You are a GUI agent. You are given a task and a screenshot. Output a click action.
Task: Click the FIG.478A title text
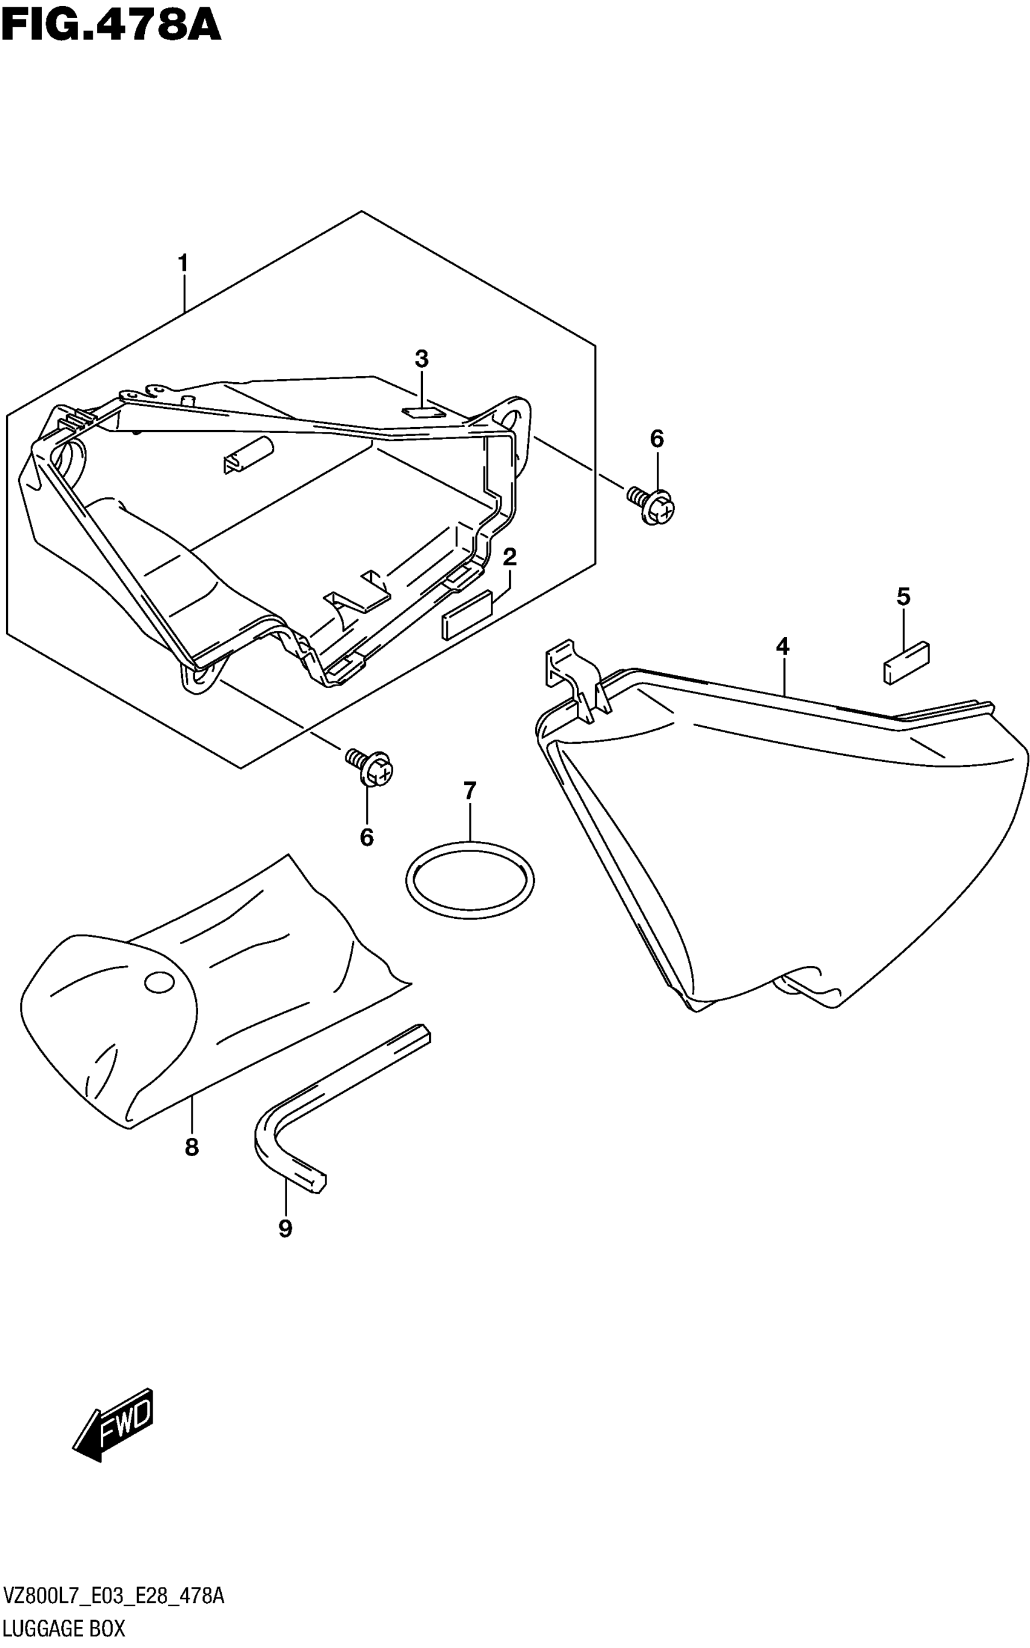click(x=111, y=25)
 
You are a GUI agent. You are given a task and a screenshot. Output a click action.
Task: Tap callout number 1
click(x=182, y=263)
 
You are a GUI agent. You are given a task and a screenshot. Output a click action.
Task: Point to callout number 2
click(x=510, y=557)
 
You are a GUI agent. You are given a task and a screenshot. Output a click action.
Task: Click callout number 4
click(x=782, y=646)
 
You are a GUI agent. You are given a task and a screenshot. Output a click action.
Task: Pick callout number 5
click(x=903, y=597)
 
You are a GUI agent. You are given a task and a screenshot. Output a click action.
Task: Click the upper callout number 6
click(x=657, y=438)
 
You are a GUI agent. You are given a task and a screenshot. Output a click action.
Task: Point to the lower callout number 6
click(x=367, y=837)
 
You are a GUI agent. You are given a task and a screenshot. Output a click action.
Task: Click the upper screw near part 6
click(x=652, y=505)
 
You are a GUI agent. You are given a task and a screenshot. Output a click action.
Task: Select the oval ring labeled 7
click(x=470, y=881)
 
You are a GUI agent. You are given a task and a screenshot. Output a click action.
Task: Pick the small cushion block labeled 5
click(x=906, y=661)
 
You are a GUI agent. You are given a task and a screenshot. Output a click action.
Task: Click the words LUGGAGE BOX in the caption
click(x=64, y=1629)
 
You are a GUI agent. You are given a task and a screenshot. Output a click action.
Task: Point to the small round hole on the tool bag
click(x=159, y=982)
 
